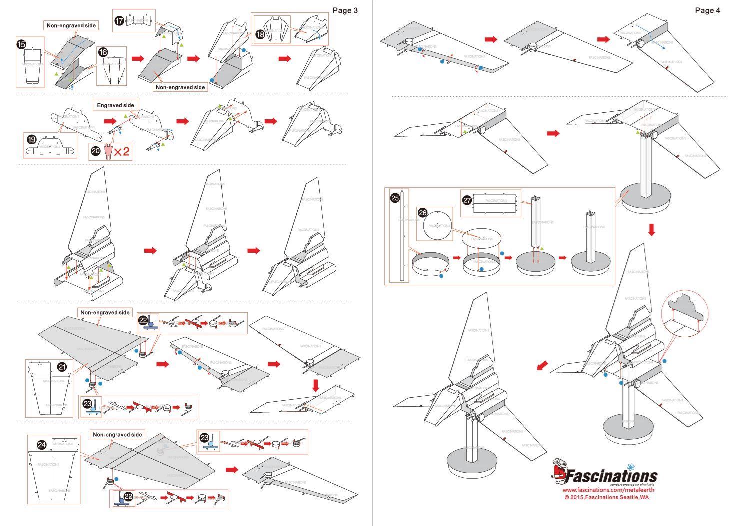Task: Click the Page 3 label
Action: pos(345,10)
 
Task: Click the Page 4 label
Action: pos(707,10)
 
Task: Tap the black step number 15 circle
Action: pos(21,44)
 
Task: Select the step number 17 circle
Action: pos(119,21)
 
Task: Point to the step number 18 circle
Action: pos(260,34)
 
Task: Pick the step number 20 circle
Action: pos(96,151)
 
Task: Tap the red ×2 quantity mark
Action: pos(122,151)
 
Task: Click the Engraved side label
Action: pos(115,105)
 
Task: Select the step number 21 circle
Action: pos(62,367)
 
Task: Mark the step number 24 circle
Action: pos(42,444)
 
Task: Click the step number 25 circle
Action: pos(395,198)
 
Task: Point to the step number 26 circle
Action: pos(423,213)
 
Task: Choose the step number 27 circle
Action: pos(467,200)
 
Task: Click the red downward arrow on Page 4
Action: pos(651,230)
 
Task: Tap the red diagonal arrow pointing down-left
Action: pos(541,366)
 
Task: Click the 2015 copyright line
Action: pos(606,497)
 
